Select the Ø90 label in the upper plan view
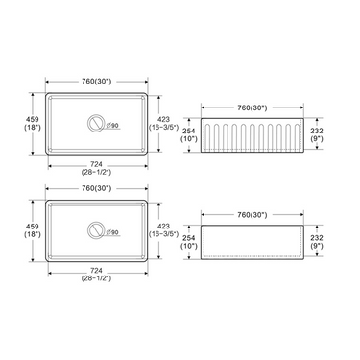click(x=112, y=126)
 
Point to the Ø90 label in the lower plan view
click(x=112, y=232)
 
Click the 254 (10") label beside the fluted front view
click(x=189, y=134)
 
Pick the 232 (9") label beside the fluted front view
click(x=317, y=134)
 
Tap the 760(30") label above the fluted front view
click(x=252, y=108)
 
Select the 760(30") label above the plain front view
click(x=252, y=215)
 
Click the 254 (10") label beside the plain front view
click(x=189, y=242)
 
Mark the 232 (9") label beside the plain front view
click(x=317, y=242)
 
